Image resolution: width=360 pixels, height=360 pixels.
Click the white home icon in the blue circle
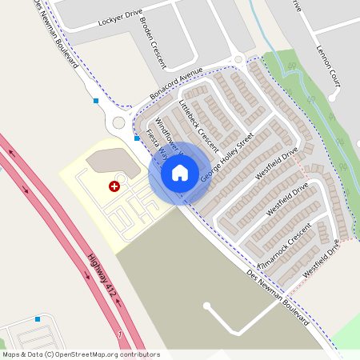click(x=180, y=173)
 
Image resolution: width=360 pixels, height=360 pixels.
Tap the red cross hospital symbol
click(x=114, y=186)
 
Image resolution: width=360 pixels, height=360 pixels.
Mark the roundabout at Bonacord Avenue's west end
click(x=120, y=123)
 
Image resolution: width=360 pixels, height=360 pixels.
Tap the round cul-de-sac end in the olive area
click(x=207, y=306)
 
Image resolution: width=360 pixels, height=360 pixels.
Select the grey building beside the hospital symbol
click(x=106, y=160)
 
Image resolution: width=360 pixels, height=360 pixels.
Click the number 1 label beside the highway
click(x=119, y=332)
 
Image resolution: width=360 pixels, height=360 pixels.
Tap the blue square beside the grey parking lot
click(x=38, y=319)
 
